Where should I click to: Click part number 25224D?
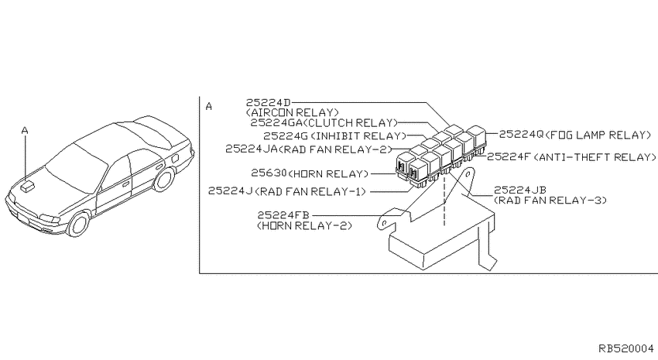268,103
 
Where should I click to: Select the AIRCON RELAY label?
293,113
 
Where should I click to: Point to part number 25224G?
286,136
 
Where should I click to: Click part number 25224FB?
283,216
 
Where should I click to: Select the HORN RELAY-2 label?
305,226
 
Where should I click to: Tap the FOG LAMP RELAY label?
598,135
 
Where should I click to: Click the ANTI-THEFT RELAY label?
595,157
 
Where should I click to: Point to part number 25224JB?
520,190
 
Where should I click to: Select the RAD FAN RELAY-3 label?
550,201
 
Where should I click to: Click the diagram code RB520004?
626,348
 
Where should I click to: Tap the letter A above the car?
25,131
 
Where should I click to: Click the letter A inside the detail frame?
209,107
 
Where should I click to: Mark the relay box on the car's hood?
28,186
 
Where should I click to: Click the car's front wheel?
79,224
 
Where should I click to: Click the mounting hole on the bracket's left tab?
382,224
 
